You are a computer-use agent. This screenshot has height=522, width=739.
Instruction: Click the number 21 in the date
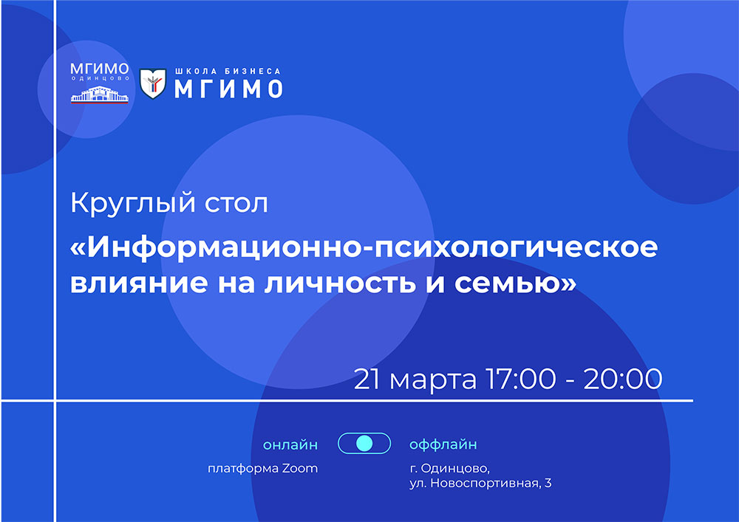[x=367, y=380]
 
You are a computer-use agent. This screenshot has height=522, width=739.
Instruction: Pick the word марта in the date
[x=432, y=380]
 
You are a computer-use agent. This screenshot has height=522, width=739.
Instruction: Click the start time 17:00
[x=521, y=380]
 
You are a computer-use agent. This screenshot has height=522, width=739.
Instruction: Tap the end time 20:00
[x=623, y=380]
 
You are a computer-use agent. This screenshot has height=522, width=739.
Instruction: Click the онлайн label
[x=290, y=444]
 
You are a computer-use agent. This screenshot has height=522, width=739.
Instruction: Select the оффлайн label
[x=443, y=444]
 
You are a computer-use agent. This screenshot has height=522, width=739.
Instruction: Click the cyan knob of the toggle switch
[x=364, y=444]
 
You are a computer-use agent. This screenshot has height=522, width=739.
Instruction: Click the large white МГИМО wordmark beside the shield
[x=228, y=89]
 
